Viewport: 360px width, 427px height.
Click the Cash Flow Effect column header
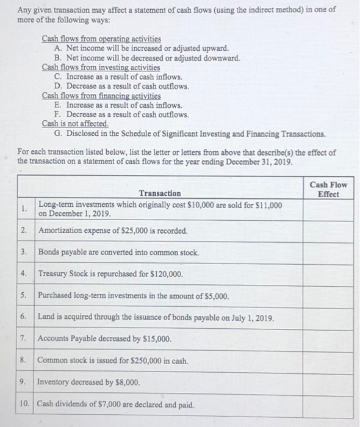pos(328,188)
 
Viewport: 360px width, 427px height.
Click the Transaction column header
pos(160,193)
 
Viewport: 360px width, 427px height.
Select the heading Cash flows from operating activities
pos(97,38)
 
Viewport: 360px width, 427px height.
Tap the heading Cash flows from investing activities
pos(101,67)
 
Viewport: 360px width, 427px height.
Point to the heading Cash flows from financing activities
pos(101,96)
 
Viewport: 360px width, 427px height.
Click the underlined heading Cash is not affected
pos(75,124)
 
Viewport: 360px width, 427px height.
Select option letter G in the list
pos(57,133)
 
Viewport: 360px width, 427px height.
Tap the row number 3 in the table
pos(24,252)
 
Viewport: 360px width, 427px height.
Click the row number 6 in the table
pos(24,318)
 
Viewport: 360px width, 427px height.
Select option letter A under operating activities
pos(57,48)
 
